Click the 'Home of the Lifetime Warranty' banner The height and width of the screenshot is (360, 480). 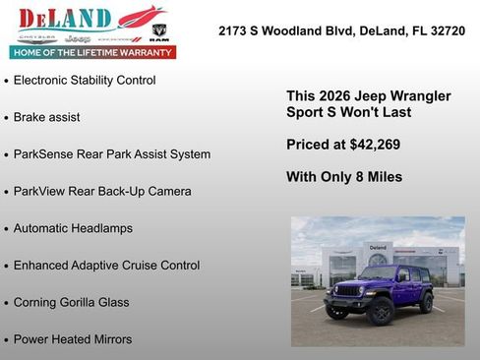click(x=92, y=51)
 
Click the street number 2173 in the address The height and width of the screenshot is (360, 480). click(x=234, y=31)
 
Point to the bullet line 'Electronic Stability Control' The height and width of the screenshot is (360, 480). click(x=85, y=80)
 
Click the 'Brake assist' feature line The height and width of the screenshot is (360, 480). click(x=47, y=117)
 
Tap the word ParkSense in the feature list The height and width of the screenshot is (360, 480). click(x=45, y=154)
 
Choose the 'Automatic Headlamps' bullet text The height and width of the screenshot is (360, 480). click(x=73, y=228)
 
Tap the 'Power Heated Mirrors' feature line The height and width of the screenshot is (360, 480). click(x=73, y=339)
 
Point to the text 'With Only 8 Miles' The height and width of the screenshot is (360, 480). click(x=344, y=177)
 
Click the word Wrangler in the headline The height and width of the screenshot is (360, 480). click(x=419, y=96)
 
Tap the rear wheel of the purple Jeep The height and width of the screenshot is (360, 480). click(x=425, y=302)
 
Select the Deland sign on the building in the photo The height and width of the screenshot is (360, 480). click(x=378, y=247)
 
